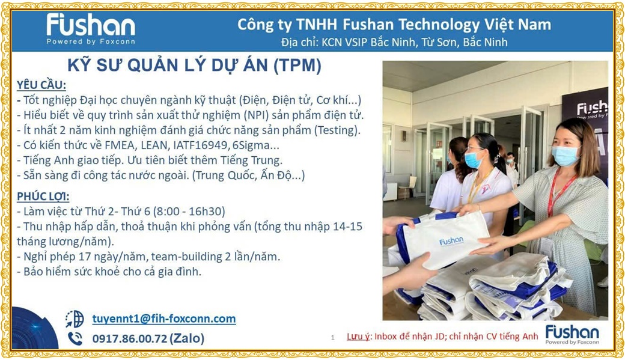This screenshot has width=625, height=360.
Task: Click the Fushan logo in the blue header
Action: [91, 29]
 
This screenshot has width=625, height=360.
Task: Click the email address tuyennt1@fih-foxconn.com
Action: [164, 319]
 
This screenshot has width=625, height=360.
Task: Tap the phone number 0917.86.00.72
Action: [130, 338]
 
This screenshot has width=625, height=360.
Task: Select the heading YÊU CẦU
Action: [41, 85]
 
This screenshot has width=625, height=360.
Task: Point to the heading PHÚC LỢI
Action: [43, 197]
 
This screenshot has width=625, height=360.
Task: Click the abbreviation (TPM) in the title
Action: [297, 66]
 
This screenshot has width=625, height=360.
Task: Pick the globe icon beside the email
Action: [75, 319]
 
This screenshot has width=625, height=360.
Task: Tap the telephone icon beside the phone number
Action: [75, 338]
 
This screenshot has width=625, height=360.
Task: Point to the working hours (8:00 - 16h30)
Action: [189, 212]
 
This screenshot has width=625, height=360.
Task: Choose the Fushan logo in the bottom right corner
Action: [572, 334]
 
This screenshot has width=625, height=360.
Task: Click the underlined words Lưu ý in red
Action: [358, 337]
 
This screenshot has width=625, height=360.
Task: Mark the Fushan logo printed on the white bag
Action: [451, 241]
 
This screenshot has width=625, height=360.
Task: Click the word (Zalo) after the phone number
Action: [187, 338]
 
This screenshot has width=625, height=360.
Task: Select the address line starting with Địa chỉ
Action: [394, 42]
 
